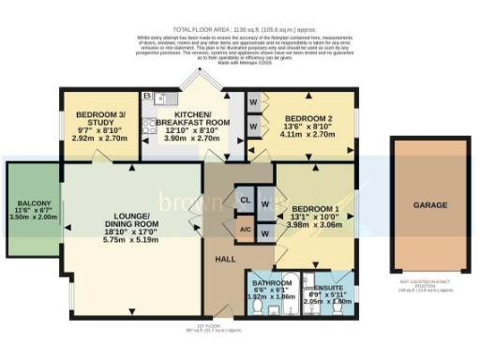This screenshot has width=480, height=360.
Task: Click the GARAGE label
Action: (x=430, y=203)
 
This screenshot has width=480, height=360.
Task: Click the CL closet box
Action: (x=244, y=200)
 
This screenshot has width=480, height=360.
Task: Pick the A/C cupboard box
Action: (x=244, y=229)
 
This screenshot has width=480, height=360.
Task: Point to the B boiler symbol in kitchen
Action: (x=147, y=97)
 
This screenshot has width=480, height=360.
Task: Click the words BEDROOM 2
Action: (x=305, y=118)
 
